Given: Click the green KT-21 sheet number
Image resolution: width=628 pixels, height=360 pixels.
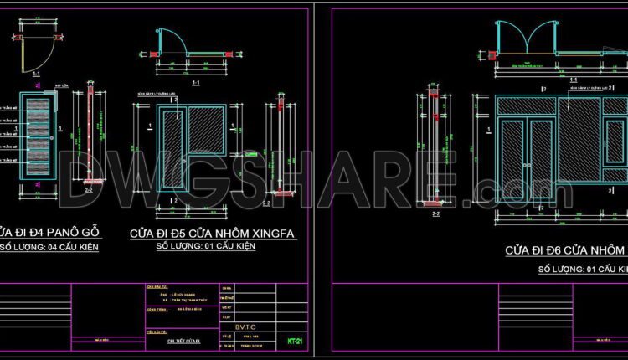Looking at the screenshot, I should (x=294, y=341).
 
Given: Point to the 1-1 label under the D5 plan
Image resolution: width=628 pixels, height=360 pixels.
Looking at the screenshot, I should (x=195, y=84).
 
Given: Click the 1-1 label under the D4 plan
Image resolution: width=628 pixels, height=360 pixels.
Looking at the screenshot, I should (x=37, y=74).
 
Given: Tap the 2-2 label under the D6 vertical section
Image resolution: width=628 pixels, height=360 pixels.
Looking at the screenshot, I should (x=435, y=214).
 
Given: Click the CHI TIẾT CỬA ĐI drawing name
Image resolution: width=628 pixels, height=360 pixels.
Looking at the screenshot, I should (x=182, y=341).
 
